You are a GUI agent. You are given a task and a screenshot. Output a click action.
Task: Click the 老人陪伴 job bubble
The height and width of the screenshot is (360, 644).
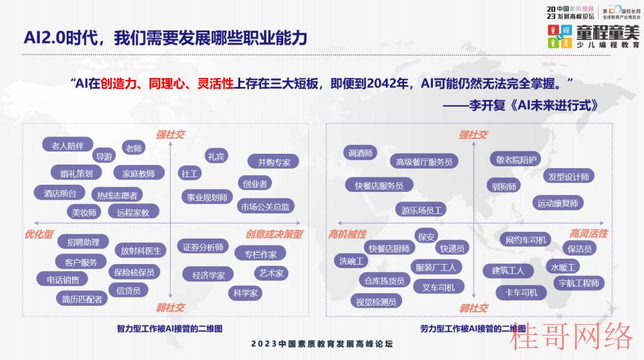coord(68,145)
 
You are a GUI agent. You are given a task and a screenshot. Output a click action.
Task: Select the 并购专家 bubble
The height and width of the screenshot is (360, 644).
coord(274,162)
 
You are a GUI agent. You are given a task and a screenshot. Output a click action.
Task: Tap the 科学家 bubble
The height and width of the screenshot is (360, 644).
coord(245,293)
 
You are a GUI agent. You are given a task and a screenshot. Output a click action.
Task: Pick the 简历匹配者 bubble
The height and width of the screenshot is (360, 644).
coord(82,299)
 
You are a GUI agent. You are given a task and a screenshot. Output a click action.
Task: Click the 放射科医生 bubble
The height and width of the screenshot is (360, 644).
coord(141,250)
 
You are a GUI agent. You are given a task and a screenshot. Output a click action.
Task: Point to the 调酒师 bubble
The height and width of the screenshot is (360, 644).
coord(360,153)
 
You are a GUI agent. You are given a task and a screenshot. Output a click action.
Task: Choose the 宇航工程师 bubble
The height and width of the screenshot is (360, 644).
coord(579,283)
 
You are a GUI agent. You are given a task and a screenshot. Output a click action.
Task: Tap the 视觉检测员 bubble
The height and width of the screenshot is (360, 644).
coord(376,302)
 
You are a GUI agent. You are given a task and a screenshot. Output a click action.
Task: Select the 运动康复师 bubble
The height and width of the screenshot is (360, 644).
coord(558,203)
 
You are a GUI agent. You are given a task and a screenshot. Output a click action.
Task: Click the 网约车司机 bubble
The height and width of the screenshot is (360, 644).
coord(526,240)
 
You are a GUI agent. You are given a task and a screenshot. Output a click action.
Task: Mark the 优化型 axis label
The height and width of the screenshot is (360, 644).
coord(39,234)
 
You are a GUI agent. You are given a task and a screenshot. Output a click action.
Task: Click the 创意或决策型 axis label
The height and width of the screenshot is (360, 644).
coord(274,234)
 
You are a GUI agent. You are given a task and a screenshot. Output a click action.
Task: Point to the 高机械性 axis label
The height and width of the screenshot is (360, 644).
coord(347,234)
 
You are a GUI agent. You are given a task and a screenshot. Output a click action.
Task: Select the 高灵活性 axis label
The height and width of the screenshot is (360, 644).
coord(588,234)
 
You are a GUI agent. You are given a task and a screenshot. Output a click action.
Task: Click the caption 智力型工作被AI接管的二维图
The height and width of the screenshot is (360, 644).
coord(169,328)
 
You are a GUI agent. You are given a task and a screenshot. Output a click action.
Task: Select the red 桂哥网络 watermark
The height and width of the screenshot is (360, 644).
coord(571,336)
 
